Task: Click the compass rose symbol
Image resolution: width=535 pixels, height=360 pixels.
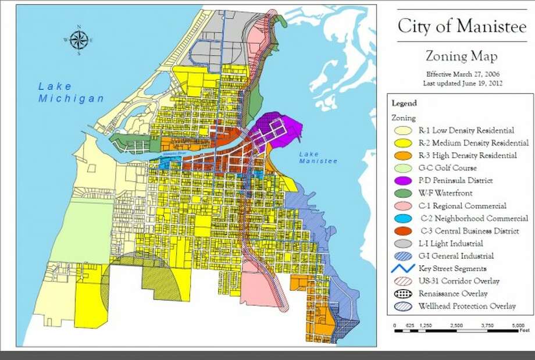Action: (x=79, y=40)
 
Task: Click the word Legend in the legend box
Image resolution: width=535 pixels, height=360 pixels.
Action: (x=404, y=104)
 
